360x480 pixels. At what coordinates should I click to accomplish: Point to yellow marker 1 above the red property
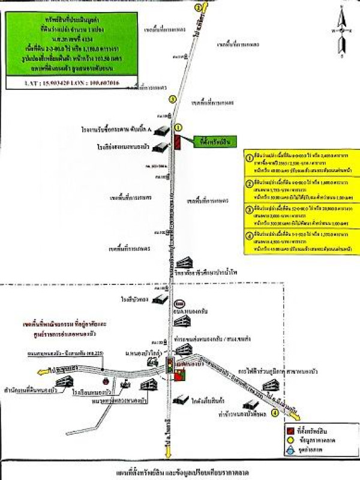178,127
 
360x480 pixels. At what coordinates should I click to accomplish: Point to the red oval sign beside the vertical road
180,304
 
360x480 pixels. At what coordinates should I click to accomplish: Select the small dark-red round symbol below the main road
106,381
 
